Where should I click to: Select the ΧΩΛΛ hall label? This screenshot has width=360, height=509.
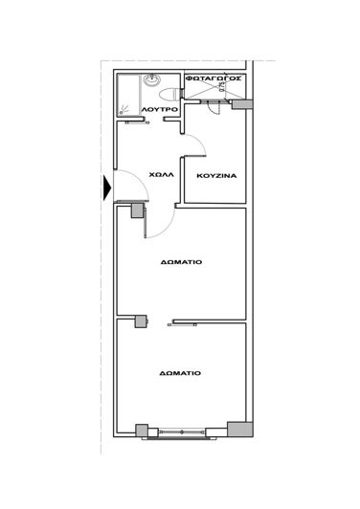[161, 175]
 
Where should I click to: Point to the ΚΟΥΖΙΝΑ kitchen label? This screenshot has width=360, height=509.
[216, 176]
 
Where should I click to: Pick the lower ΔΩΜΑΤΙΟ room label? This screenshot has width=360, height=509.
[180, 373]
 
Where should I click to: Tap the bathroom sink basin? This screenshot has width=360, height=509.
[154, 81]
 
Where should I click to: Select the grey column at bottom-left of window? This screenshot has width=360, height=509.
[143, 431]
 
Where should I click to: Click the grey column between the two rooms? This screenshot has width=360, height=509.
[141, 321]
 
